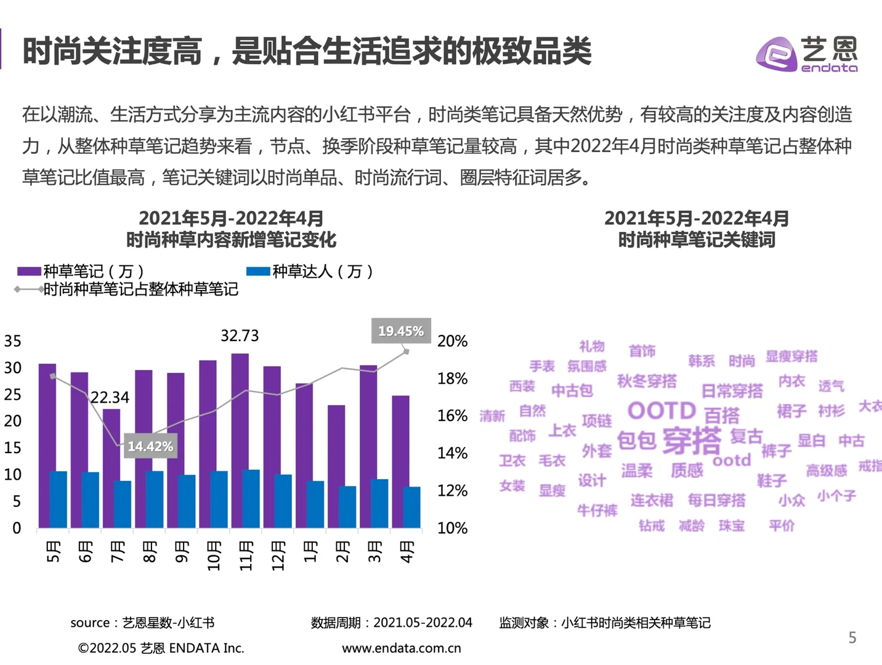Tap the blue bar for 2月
coord(347,507)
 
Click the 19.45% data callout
coord(400,331)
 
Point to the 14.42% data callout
coord(150,446)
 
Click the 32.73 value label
coord(240,336)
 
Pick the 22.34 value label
coord(110,398)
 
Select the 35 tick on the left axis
coord(13,341)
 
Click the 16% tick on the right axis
coord(452,416)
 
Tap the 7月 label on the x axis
coord(118,551)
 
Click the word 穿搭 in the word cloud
coord(692,440)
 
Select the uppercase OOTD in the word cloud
coord(661,411)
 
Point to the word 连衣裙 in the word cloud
coord(651,500)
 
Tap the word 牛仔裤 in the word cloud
coord(597,510)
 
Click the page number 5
coord(852,638)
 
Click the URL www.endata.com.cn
coord(401,648)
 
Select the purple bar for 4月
coord(400,461)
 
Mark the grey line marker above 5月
coord(53,376)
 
